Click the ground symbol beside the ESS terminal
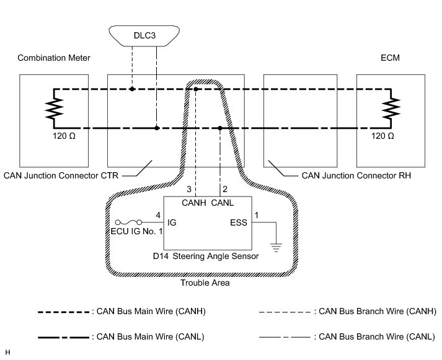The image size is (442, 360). (x=276, y=247)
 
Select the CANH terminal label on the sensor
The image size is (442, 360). (x=195, y=202)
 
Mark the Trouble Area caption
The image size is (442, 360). (x=205, y=283)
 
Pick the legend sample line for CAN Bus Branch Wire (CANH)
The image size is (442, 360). (x=286, y=312)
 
